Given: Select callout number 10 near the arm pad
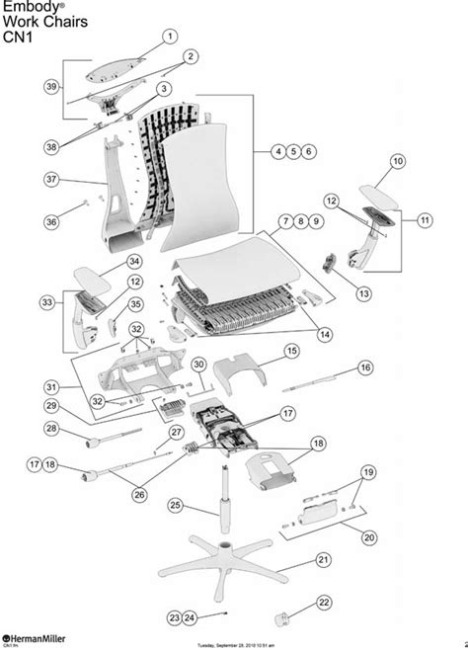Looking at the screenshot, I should (x=397, y=160).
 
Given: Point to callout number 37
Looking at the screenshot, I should (x=53, y=179).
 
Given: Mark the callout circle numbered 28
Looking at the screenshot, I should (x=50, y=428).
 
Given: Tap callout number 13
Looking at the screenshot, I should (x=363, y=293).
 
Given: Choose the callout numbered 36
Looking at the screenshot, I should (x=51, y=222).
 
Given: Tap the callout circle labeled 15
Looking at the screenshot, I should (x=291, y=351).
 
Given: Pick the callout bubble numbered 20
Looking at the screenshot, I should (x=369, y=537).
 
